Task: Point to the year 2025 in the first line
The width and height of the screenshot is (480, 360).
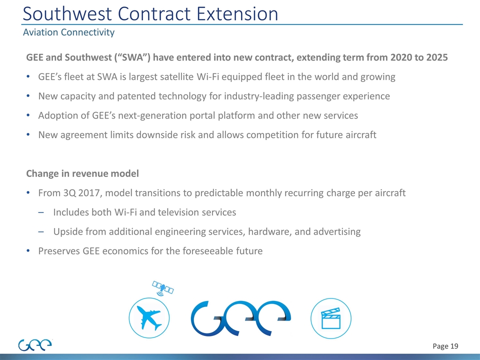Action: tap(434, 57)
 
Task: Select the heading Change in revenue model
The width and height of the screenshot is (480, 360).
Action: tap(82, 173)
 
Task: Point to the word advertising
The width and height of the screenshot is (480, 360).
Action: tap(334, 231)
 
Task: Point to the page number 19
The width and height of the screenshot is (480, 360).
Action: tap(452, 346)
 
